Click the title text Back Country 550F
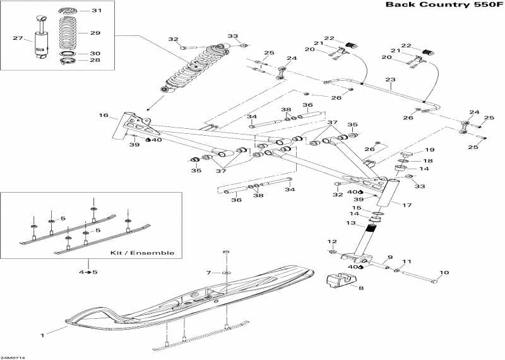[x=444, y=5]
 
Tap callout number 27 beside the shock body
[x=18, y=38]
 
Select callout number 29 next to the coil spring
[x=95, y=33]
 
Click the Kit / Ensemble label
[x=142, y=253]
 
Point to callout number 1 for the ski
[x=42, y=335]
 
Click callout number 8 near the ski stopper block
[x=361, y=287]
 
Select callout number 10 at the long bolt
[x=444, y=273]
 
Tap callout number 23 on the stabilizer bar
[x=390, y=80]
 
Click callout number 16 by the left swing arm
[x=104, y=115]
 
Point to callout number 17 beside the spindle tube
[x=407, y=205]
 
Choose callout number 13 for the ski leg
[x=351, y=223]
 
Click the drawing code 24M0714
[x=13, y=357]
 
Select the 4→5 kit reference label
[x=88, y=272]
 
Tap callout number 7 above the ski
[x=209, y=273]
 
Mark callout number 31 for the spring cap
[x=97, y=10]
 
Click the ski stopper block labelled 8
[x=342, y=279]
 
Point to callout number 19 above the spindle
[x=430, y=150]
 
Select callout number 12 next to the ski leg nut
[x=332, y=241]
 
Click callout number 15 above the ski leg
[x=356, y=208]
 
